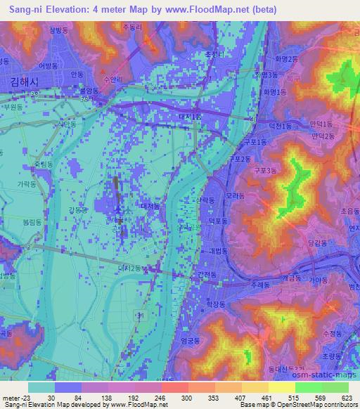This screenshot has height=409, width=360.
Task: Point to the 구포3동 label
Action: (x=266, y=170)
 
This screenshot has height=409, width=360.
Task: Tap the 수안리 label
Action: (x=112, y=79)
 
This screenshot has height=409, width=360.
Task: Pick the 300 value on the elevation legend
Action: (x=186, y=398)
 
